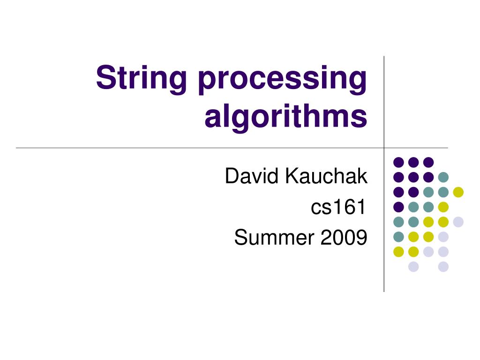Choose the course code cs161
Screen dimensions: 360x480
338,207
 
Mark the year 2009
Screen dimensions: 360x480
344,238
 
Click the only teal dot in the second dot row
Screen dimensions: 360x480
443,177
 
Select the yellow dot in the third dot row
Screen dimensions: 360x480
458,192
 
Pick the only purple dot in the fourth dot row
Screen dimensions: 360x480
398,207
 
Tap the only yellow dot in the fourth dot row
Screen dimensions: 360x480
443,207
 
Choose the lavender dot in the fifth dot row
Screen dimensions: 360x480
458,222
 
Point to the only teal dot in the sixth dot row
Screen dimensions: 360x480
398,237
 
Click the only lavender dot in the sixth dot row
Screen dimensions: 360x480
443,237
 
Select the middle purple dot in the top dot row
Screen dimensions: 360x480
413,162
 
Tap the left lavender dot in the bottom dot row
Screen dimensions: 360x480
413,267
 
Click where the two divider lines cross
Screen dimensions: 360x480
384,148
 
